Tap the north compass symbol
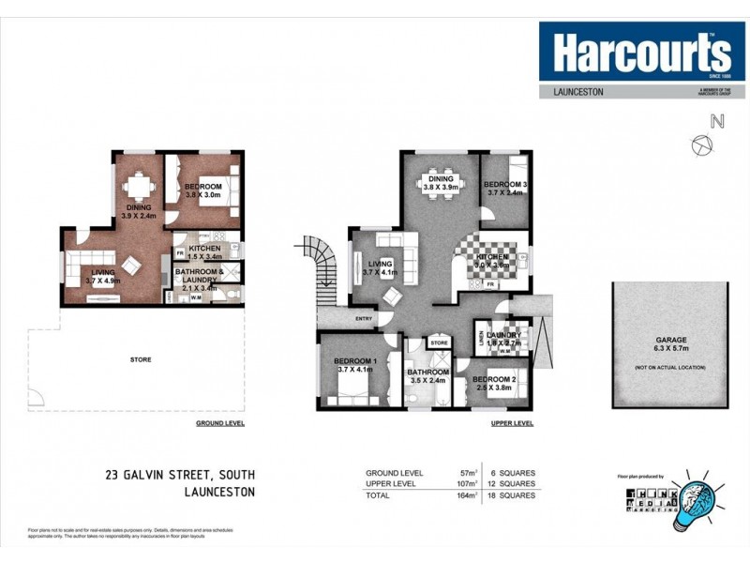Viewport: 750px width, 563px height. click(x=701, y=143)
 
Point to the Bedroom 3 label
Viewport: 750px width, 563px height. click(x=506, y=188)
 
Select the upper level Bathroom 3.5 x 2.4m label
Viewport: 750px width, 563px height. click(x=428, y=377)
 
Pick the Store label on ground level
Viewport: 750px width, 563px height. click(x=141, y=358)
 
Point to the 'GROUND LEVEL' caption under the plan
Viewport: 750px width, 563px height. click(x=220, y=424)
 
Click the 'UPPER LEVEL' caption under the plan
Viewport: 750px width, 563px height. click(x=512, y=424)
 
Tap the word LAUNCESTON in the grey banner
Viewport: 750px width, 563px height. click(x=574, y=92)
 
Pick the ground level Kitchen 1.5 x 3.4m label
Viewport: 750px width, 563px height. click(x=204, y=251)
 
